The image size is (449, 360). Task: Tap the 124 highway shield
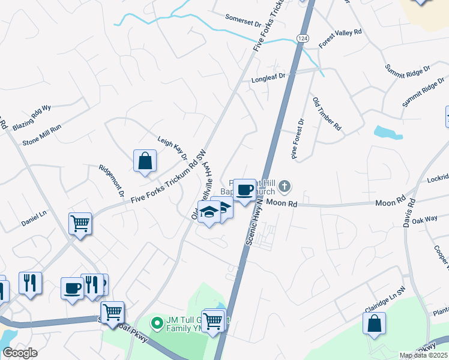pos(303,38)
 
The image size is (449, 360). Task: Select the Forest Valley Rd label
pos(340,38)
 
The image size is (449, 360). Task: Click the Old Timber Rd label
pos(327,113)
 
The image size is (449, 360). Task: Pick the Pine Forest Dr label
pos(298,139)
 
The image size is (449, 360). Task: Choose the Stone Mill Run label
pos(42,135)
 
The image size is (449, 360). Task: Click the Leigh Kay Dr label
pos(173,146)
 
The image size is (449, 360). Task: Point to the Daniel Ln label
pos(34,214)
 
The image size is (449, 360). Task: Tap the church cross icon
pos(285,187)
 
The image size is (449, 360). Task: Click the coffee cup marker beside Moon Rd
pos(244,191)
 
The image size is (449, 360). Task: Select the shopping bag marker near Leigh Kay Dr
pos(145,161)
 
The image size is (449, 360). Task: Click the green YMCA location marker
pos(157,323)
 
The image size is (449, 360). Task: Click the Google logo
pos(19,353)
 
